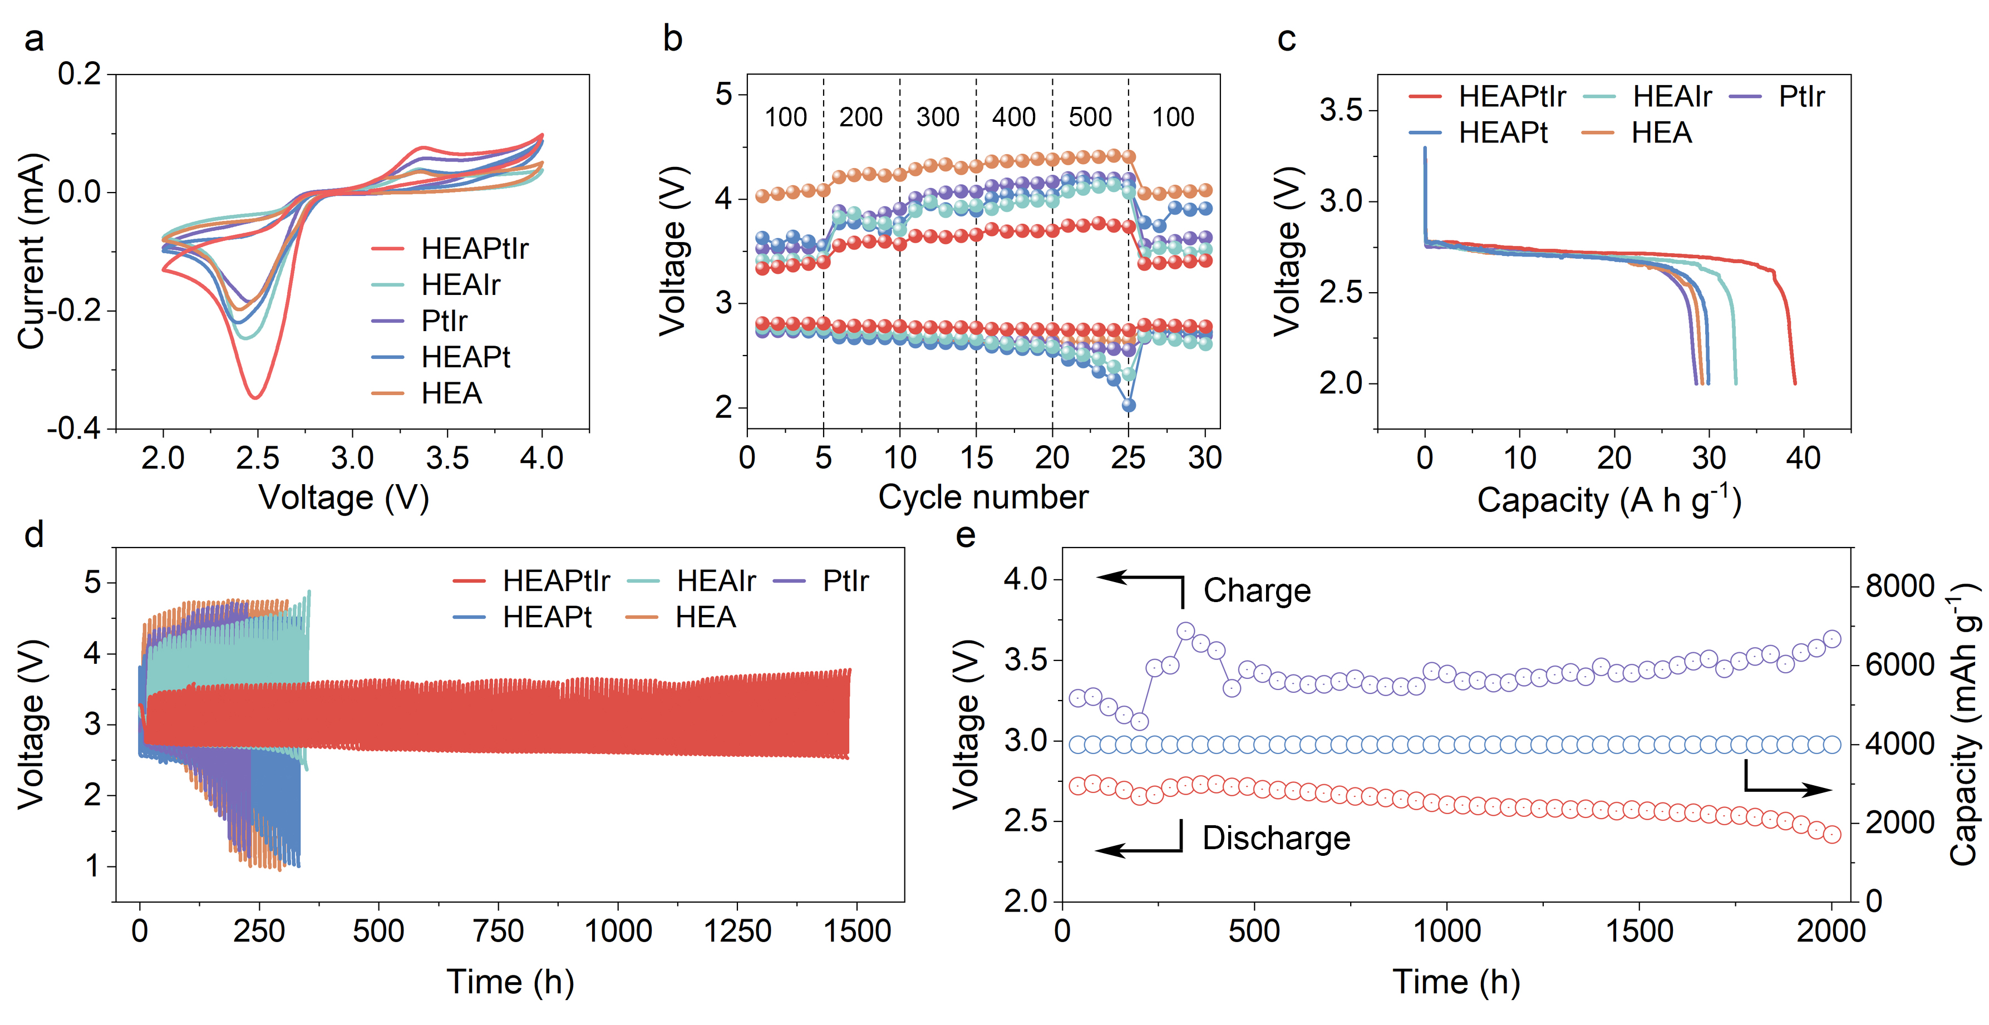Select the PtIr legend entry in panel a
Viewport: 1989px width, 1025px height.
[x=444, y=321]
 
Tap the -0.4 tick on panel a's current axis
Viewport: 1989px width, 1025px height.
[x=74, y=428]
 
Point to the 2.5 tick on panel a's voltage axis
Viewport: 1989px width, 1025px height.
[x=257, y=459]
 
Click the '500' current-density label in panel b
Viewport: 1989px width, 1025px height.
[x=1090, y=117]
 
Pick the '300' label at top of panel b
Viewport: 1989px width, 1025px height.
[x=937, y=117]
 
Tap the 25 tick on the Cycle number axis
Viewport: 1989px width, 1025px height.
[x=1128, y=459]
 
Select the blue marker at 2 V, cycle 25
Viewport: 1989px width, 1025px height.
[x=1129, y=405]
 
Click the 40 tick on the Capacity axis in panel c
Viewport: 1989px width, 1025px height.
[x=1803, y=459]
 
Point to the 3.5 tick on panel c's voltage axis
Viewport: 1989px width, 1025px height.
[x=1341, y=110]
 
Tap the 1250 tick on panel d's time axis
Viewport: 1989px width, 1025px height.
[x=737, y=931]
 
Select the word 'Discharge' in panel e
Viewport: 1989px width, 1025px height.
[x=1276, y=838]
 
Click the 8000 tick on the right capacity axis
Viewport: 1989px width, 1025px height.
[x=1899, y=586]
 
